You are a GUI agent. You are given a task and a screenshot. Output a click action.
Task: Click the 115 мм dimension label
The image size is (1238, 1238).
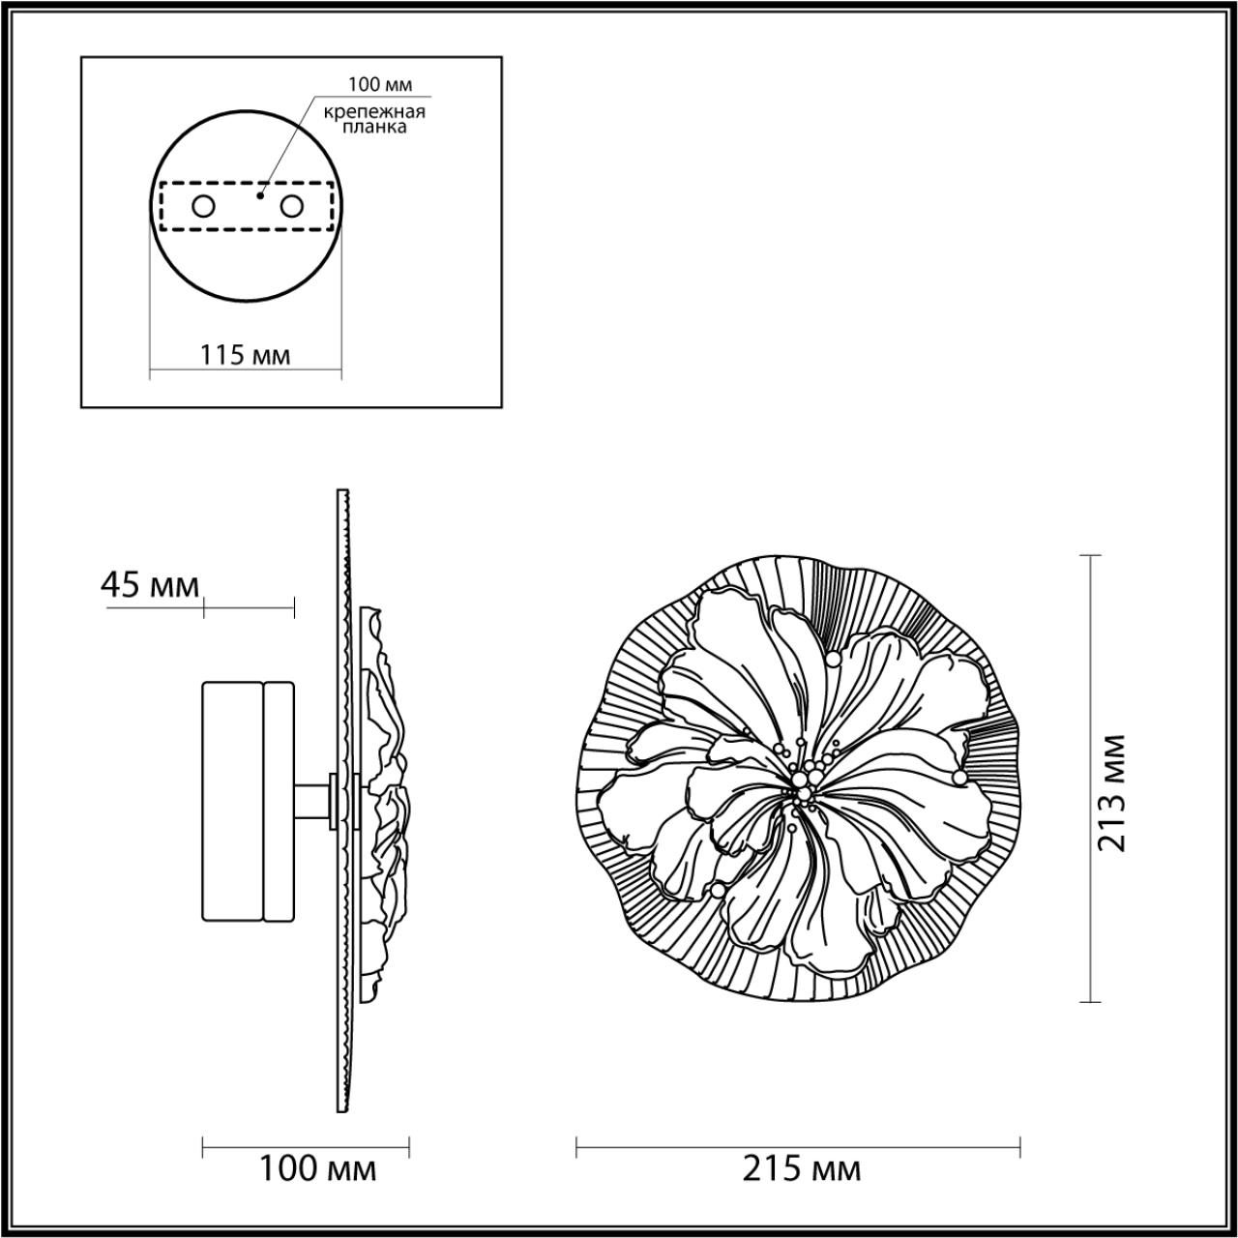[245, 355]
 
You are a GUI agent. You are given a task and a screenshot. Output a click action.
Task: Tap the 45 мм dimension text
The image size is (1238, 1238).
[150, 585]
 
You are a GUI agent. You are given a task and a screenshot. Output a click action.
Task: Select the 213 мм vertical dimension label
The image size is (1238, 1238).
[1112, 792]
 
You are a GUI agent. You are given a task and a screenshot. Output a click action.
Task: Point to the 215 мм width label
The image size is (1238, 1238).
[801, 1169]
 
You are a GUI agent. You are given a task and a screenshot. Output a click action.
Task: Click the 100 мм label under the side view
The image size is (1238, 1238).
[316, 1169]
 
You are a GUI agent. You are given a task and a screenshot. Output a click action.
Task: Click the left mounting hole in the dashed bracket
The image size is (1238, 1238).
[203, 206]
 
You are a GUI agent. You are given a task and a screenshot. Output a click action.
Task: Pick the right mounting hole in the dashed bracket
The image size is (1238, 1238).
[291, 206]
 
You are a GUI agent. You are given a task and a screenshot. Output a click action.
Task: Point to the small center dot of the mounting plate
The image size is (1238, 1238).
[258, 195]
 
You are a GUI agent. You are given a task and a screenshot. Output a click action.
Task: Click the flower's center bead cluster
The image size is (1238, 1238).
[802, 780]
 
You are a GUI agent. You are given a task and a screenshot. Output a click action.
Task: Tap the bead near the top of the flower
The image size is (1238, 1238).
[833, 659]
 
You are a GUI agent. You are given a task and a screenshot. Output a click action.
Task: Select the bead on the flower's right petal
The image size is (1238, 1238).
[958, 777]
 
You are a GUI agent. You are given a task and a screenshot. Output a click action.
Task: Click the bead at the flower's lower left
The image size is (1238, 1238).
[717, 889]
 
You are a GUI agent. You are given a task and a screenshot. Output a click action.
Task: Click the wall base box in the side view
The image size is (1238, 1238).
[248, 801]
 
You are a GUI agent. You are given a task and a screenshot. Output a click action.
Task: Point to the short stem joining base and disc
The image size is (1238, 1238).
[314, 801]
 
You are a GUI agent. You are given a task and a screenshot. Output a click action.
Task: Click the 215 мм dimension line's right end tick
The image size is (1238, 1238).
[1020, 1148]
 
